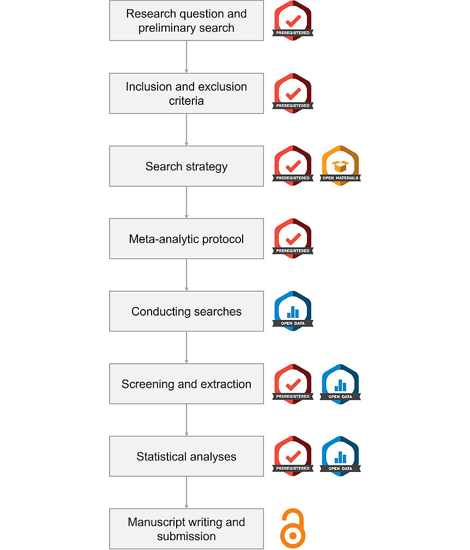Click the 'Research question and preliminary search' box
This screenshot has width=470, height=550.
point(186,20)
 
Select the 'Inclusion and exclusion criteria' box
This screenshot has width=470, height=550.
point(186,93)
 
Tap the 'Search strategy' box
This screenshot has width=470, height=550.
point(186,166)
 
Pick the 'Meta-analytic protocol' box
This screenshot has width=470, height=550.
point(186,239)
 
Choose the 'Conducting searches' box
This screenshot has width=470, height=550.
point(186,311)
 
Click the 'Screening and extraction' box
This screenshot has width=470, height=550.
point(186,384)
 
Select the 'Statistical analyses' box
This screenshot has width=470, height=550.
point(186,457)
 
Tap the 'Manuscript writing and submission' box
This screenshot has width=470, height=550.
point(186,529)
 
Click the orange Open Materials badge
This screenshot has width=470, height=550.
point(340,165)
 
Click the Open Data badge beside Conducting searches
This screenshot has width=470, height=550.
point(293,311)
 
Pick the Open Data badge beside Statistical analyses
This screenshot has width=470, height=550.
point(340,457)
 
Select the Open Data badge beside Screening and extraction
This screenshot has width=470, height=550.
point(340,384)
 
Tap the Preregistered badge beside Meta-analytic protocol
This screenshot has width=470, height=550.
point(293,239)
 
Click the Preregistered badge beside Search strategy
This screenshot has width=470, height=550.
point(293,165)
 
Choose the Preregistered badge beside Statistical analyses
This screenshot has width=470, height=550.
point(293,456)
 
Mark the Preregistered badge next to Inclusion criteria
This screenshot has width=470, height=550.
point(293,93)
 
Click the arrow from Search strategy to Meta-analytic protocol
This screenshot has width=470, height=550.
point(186,203)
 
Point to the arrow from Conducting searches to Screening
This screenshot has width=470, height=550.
point(186,347)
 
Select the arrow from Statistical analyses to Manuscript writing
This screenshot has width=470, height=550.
point(186,493)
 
